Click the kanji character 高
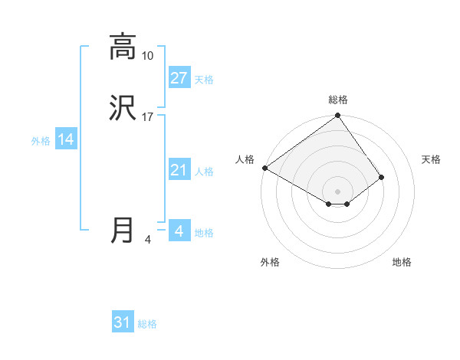(123, 47)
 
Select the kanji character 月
(123, 231)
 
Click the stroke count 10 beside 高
(147, 56)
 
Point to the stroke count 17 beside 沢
(147, 117)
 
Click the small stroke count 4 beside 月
(147, 240)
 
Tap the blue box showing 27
(179, 78)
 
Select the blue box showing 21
(179, 170)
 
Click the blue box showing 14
(66, 139)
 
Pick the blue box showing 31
(123, 322)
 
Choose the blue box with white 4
(179, 231)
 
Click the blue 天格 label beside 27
(204, 80)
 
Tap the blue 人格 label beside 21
(204, 172)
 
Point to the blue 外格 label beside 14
(41, 141)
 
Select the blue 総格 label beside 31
(147, 324)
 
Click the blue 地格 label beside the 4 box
(204, 233)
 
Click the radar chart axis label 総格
(338, 100)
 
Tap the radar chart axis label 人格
(245, 159)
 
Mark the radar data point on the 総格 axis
(338, 116)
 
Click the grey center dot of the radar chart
(338, 191)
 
